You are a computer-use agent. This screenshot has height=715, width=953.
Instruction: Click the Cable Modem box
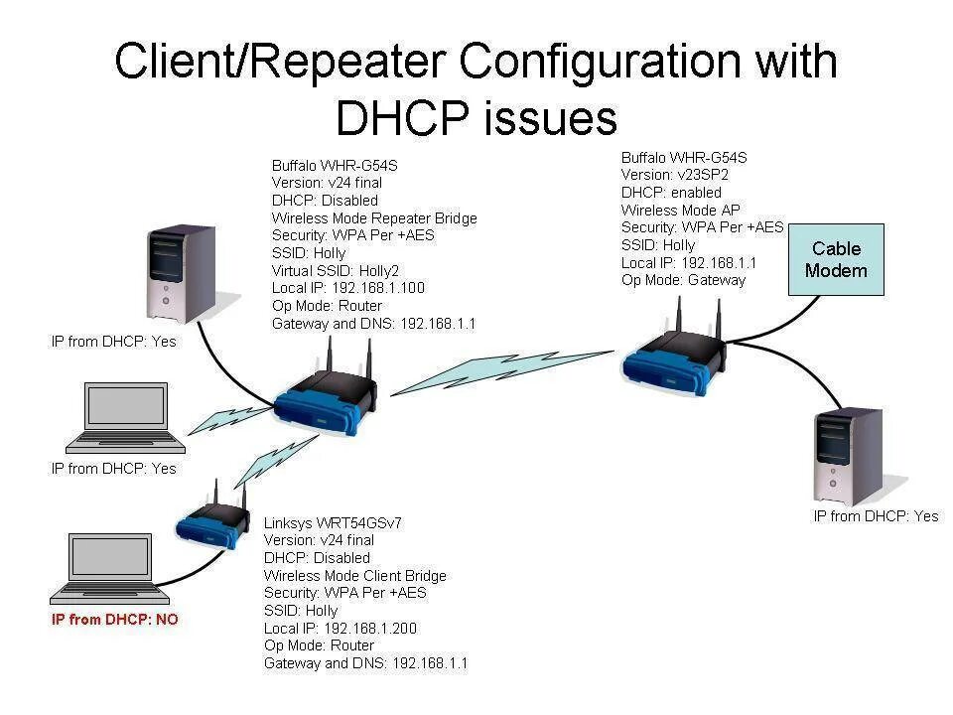click(x=836, y=260)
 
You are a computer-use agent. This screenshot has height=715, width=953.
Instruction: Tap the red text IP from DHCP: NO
click(x=115, y=620)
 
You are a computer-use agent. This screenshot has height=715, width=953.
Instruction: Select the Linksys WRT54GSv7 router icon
click(x=214, y=520)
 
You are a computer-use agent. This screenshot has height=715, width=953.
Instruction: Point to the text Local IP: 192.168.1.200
click(x=340, y=628)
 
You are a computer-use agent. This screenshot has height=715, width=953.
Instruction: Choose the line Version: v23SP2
click(x=671, y=175)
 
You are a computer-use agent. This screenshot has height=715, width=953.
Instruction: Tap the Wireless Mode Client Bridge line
click(x=355, y=575)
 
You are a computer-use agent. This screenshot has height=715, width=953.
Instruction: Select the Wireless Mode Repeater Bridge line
click(x=374, y=217)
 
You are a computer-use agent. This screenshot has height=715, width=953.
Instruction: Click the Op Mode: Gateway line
click(x=683, y=280)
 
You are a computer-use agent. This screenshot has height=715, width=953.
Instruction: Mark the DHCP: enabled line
click(x=671, y=193)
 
